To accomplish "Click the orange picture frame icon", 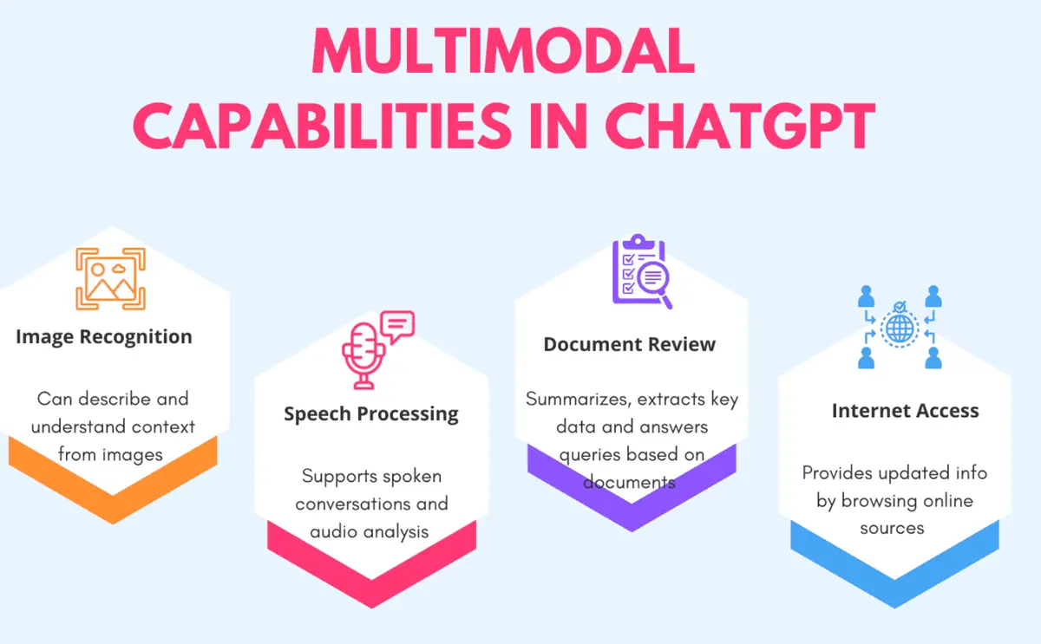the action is tap(110, 279).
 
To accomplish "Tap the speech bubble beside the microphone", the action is tap(396, 326).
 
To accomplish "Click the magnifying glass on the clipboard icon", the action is tap(651, 282).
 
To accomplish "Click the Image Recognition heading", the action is tap(104, 336).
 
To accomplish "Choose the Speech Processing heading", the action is tap(371, 413).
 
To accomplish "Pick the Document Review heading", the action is tap(630, 344).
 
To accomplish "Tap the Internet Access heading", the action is tap(905, 410).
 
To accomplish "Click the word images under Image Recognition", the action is tap(130, 453).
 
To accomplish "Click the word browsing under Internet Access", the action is tap(881, 500).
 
